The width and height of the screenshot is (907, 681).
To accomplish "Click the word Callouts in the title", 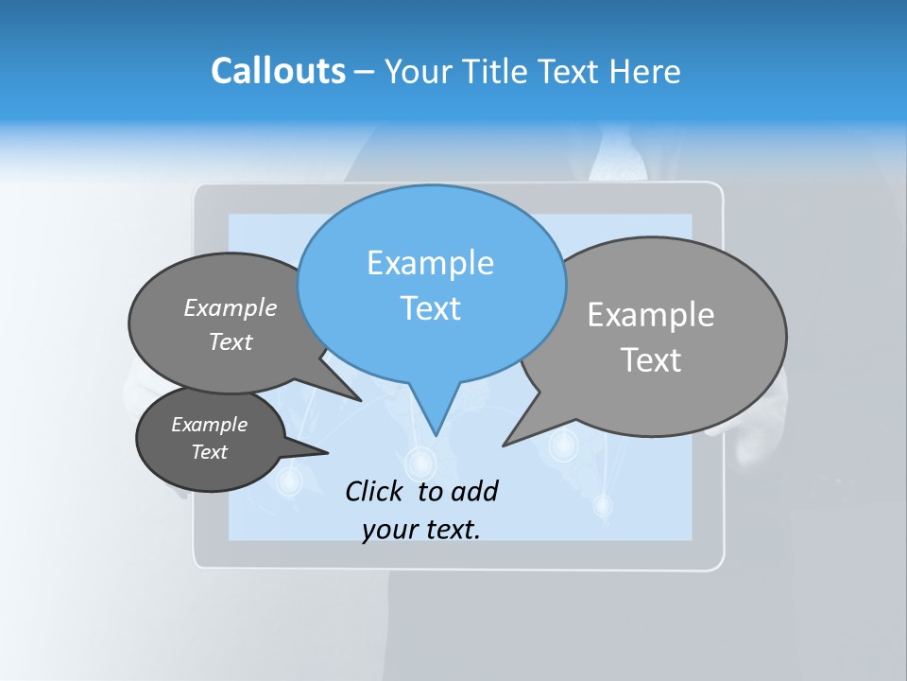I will coord(278,71).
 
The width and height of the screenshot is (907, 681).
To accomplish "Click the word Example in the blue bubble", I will coord(430,263).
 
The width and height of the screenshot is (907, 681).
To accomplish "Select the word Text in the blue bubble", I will coord(430,308).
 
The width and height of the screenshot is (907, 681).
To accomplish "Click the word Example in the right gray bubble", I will coord(650,315).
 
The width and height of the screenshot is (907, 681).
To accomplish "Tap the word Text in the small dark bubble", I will coord(210,452).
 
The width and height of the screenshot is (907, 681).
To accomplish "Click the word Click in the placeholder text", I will coord(374,491).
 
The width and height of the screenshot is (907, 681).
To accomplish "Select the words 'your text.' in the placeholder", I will coord(421,530).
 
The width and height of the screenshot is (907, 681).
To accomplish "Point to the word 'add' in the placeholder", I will coord(474,491).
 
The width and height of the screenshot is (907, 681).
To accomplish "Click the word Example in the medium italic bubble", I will coord(231,308).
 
